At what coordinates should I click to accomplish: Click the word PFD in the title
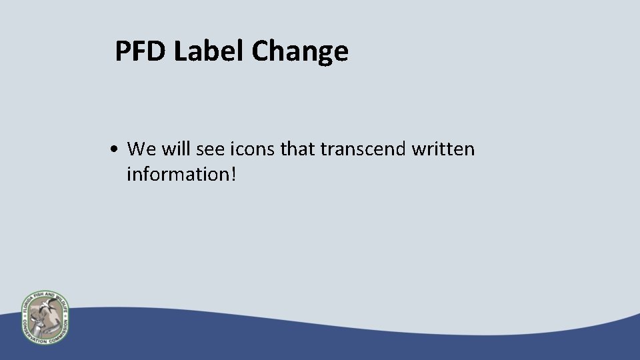(141, 51)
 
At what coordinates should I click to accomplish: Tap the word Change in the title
(300, 52)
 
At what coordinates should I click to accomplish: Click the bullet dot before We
(116, 149)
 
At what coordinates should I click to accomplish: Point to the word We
(142, 149)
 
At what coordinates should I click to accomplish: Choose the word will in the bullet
(176, 149)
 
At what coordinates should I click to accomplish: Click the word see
(212, 149)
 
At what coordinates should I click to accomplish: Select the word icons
(253, 149)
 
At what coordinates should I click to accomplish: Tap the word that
(298, 149)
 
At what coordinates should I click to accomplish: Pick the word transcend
(363, 149)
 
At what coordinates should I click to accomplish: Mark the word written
(443, 149)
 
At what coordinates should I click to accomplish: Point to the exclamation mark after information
(233, 174)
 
